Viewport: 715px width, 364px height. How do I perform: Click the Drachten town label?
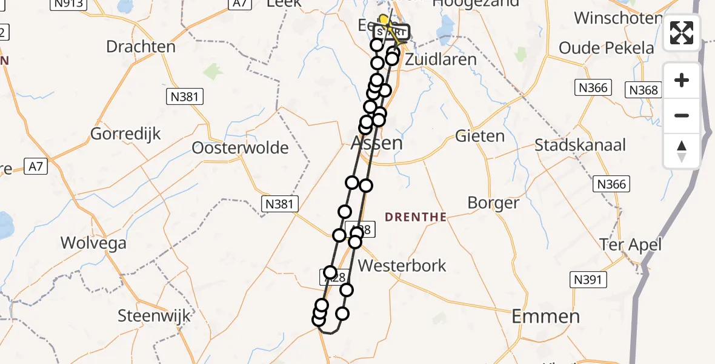tap(141, 47)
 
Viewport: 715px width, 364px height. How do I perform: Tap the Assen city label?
tap(376, 143)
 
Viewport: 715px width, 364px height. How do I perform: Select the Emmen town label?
tap(545, 316)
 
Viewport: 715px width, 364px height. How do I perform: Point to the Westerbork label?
tap(402, 265)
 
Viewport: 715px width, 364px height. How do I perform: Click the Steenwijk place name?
tap(154, 315)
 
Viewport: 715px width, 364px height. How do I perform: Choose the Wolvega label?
tap(93, 243)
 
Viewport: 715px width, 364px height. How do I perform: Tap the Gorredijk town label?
tap(125, 133)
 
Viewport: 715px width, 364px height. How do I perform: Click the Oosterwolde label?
tap(240, 147)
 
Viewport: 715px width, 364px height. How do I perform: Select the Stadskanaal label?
tap(580, 146)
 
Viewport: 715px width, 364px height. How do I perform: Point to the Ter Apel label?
tap(630, 244)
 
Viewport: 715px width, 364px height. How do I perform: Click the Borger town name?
tap(493, 203)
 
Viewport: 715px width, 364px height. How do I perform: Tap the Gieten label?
tap(480, 136)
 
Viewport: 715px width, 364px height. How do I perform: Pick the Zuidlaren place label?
tap(441, 59)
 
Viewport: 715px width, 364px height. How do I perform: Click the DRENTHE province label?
tap(415, 217)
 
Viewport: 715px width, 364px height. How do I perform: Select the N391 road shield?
tap(588, 279)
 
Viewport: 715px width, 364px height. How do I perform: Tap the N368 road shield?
tap(643, 90)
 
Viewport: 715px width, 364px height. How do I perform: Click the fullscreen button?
tap(682, 33)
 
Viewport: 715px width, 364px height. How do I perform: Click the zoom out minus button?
tap(682, 115)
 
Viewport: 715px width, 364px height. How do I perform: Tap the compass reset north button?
tap(682, 150)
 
